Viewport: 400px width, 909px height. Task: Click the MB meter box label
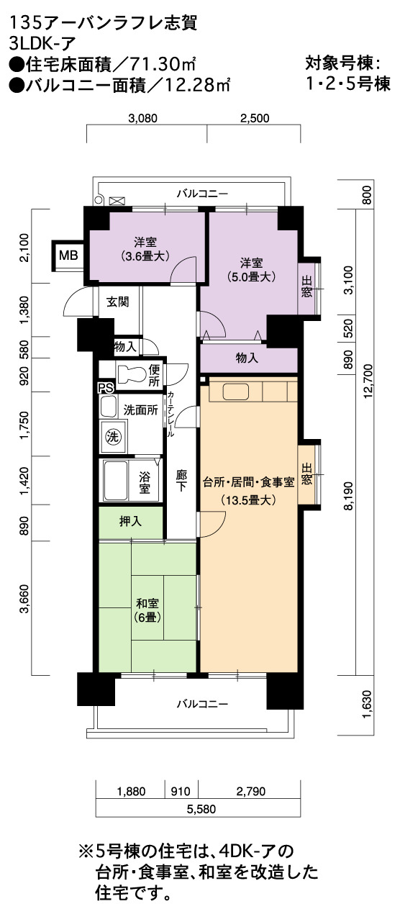click(x=68, y=255)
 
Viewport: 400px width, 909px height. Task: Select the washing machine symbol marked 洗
click(x=113, y=437)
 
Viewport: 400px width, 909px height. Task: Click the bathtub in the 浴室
click(x=116, y=481)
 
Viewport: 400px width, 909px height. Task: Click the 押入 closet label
click(x=130, y=522)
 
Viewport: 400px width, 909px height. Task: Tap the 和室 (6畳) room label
click(x=147, y=610)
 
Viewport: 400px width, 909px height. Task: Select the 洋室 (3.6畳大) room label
click(x=145, y=249)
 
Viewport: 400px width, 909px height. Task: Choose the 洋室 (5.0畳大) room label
click(x=251, y=270)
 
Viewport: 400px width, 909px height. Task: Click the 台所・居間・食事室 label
click(x=248, y=482)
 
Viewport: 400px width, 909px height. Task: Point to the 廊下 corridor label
click(x=181, y=480)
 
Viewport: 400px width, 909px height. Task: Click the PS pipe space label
click(x=106, y=388)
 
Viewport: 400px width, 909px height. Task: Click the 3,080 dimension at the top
click(x=142, y=118)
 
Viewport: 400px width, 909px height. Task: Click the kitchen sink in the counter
click(x=236, y=392)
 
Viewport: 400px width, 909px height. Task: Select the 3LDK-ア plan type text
click(x=42, y=42)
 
